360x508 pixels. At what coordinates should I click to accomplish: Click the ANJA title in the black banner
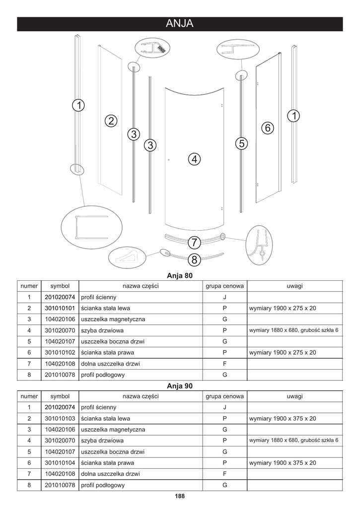(180, 24)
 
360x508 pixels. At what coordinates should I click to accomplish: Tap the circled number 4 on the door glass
(195, 159)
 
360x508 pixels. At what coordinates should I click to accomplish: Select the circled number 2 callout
(111, 121)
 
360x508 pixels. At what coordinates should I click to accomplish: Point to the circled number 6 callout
(267, 127)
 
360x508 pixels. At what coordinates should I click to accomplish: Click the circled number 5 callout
(241, 144)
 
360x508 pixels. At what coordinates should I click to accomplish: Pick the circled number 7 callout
(194, 243)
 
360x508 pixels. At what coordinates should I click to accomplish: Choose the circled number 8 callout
(194, 259)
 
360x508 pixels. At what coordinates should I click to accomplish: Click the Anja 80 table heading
(180, 275)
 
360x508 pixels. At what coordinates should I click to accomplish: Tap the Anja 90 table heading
(180, 385)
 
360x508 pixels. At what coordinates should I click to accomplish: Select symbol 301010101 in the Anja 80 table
(60, 308)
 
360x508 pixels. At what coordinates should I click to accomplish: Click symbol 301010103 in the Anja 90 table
(60, 418)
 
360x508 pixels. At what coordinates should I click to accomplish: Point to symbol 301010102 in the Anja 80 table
(60, 352)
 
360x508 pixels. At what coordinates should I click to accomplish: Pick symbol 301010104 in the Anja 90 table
(60, 462)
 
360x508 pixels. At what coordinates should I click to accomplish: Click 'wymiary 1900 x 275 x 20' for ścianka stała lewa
(283, 308)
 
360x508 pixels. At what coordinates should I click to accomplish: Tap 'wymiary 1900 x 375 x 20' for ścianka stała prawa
(283, 462)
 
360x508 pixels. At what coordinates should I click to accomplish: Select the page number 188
(180, 496)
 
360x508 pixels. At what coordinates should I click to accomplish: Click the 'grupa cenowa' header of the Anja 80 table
(224, 286)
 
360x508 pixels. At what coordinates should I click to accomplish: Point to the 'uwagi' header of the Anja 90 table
(294, 396)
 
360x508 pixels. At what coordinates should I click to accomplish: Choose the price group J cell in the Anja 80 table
(224, 297)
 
